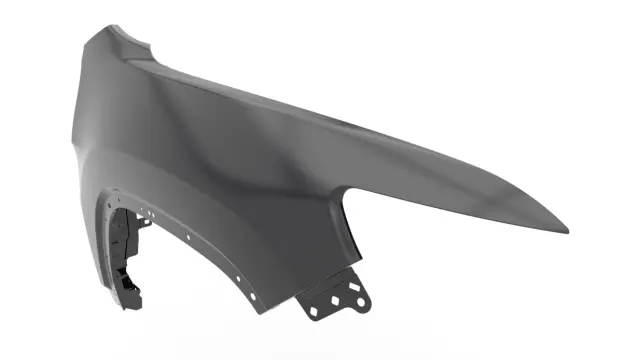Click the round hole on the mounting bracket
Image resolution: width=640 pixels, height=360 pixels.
click(353, 289)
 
